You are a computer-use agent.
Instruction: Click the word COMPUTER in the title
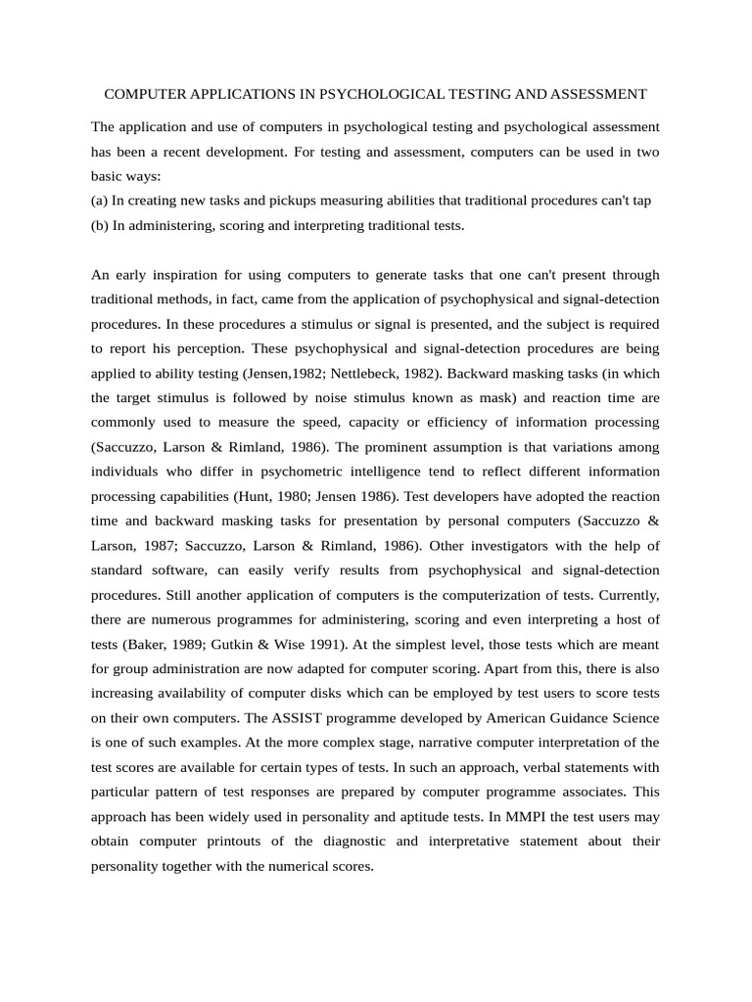coord(141,95)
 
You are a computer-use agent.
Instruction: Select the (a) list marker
coord(99,201)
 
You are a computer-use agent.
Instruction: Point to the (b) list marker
coord(99,225)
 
